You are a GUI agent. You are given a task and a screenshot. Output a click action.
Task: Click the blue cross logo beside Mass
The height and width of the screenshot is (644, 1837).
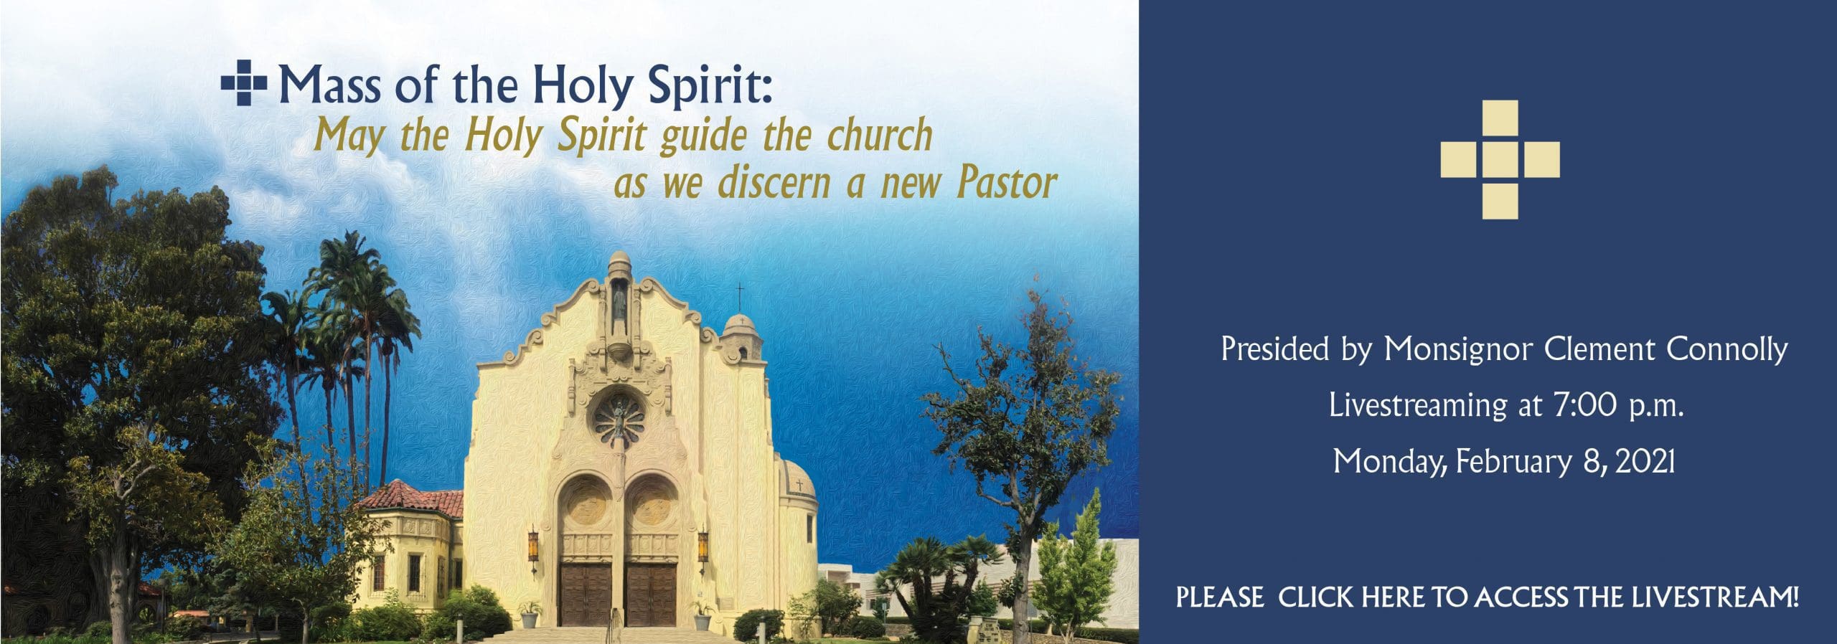(244, 84)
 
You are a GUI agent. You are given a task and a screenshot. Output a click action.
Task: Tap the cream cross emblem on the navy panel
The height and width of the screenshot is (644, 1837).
(1500, 159)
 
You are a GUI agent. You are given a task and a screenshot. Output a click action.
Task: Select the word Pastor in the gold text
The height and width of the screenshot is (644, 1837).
(1007, 183)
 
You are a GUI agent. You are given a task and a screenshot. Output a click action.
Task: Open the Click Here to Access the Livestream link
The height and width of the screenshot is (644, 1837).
(1488, 597)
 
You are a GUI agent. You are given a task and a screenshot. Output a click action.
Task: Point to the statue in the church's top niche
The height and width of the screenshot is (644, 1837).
(619, 310)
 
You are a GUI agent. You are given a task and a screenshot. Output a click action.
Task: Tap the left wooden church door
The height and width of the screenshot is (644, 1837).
(586, 594)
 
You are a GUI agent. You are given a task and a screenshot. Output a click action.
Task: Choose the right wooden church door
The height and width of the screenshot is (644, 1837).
(651, 594)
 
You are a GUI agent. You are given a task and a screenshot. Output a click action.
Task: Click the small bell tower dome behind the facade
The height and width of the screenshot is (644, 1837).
(741, 336)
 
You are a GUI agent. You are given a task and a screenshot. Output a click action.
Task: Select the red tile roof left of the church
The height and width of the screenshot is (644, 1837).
(413, 499)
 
